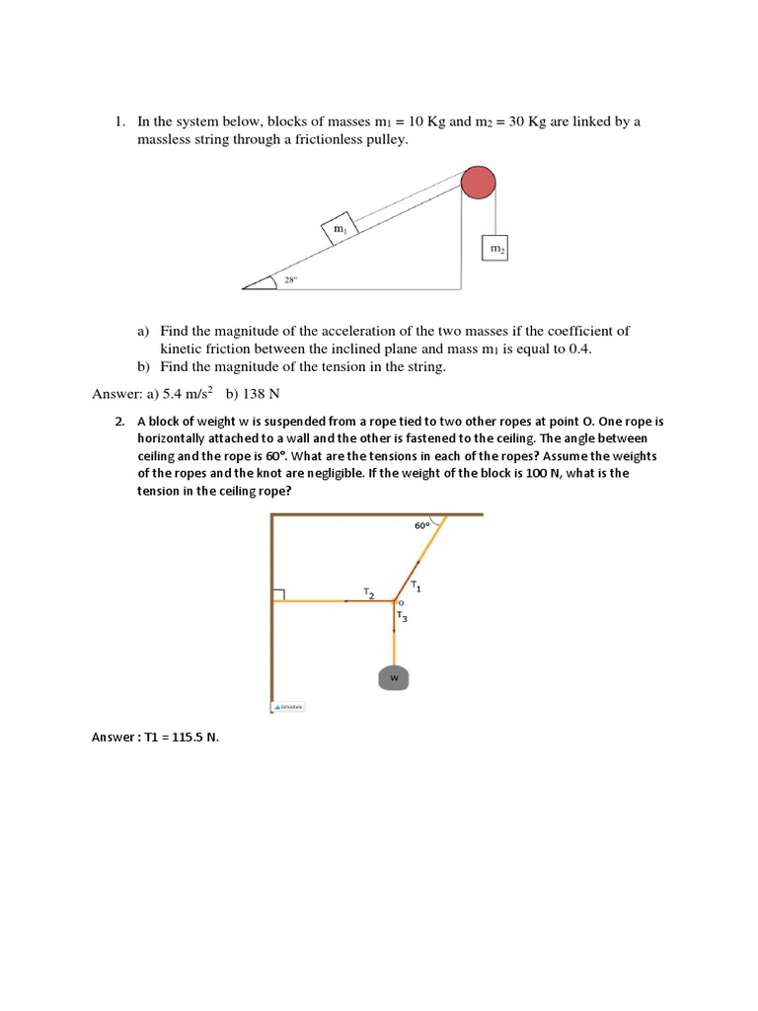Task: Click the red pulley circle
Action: [479, 184]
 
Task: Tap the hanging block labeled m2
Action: [495, 250]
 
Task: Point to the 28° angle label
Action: [291, 280]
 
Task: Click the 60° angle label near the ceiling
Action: [422, 526]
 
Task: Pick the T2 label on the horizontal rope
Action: [367, 593]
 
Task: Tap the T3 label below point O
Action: [402, 617]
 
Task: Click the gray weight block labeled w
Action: [394, 678]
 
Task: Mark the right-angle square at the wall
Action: [278, 594]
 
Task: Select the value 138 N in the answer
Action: [262, 394]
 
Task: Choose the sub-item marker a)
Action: [143, 332]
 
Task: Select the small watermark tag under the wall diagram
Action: [289, 707]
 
